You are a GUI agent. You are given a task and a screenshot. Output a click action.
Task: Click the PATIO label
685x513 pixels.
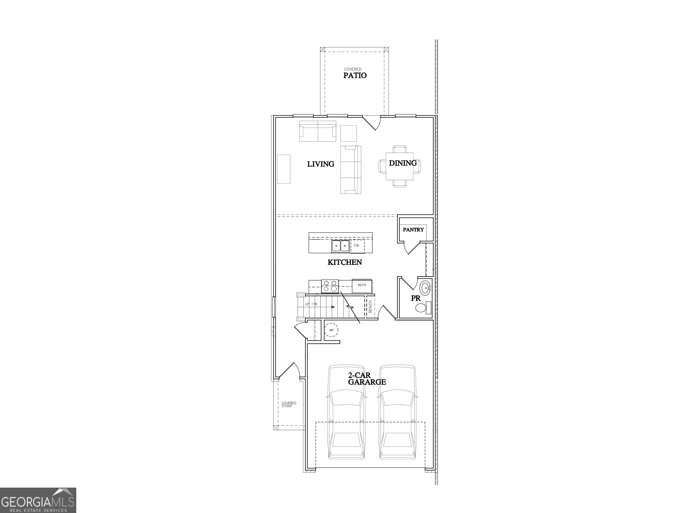click(355, 75)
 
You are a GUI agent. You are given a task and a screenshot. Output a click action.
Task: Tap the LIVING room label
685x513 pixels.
click(320, 164)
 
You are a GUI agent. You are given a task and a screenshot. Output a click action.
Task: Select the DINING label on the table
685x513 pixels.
click(403, 163)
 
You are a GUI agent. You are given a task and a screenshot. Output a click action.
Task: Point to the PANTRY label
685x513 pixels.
click(413, 230)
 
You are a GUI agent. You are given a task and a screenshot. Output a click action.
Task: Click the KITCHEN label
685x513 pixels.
click(345, 262)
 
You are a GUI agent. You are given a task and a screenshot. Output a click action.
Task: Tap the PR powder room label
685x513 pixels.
click(415, 299)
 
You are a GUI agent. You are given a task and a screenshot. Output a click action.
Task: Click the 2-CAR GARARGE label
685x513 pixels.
click(367, 379)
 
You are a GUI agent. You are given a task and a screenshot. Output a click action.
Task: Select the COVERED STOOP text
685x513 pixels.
click(289, 404)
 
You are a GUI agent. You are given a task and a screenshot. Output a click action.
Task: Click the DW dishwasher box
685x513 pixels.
click(357, 246)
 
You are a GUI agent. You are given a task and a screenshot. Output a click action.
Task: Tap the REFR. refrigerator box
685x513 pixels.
click(362, 285)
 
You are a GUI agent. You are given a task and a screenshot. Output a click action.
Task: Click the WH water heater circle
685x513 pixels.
click(331, 330)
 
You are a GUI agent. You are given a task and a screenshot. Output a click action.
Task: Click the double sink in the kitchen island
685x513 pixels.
click(340, 246)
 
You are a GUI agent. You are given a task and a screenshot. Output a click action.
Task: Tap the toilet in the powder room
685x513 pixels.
click(422, 308)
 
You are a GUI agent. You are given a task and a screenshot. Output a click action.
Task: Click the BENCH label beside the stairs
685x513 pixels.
click(370, 307)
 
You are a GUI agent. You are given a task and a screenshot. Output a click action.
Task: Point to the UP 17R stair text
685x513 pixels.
click(311, 304)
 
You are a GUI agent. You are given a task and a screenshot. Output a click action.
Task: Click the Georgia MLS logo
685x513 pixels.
click(38, 500)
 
